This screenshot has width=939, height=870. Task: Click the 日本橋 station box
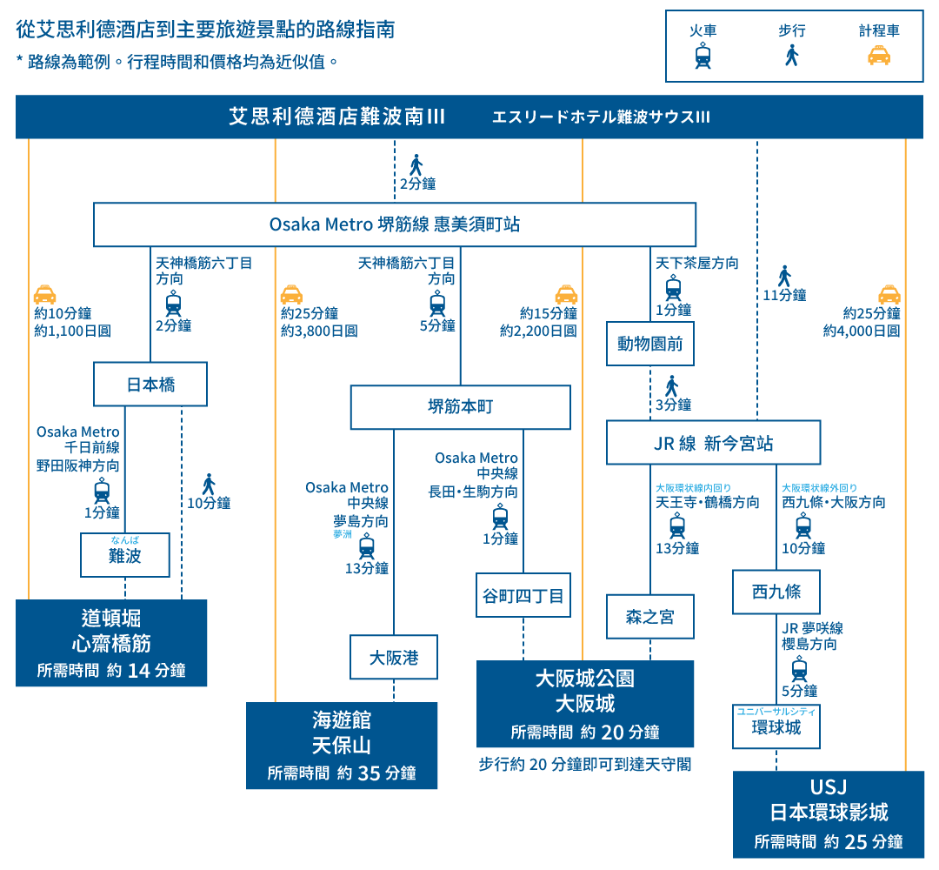tap(150, 384)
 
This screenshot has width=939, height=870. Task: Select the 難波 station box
tap(125, 556)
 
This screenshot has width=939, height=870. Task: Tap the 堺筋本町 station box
tap(460, 407)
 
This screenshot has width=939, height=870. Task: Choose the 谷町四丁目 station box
tap(523, 595)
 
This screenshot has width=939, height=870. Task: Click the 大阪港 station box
tap(394, 657)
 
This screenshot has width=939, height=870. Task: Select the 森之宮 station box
tap(649, 617)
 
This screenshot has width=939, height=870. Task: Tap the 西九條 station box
tap(776, 592)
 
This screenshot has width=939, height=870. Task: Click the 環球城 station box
tap(776, 727)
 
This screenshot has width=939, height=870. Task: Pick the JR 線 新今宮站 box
tap(713, 443)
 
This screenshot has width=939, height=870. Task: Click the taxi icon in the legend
tap(879, 57)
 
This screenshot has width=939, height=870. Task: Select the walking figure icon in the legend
tap(791, 57)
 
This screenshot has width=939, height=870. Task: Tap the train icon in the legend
tap(703, 57)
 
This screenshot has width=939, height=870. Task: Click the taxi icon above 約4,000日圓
tap(889, 294)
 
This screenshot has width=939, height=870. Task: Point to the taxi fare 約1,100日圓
tap(73, 331)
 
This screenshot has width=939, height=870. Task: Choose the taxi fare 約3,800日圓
tap(319, 331)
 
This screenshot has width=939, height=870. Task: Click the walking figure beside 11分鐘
tap(784, 276)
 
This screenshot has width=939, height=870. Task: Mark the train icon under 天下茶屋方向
tap(673, 287)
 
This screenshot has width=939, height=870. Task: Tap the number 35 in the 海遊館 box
tap(370, 773)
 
